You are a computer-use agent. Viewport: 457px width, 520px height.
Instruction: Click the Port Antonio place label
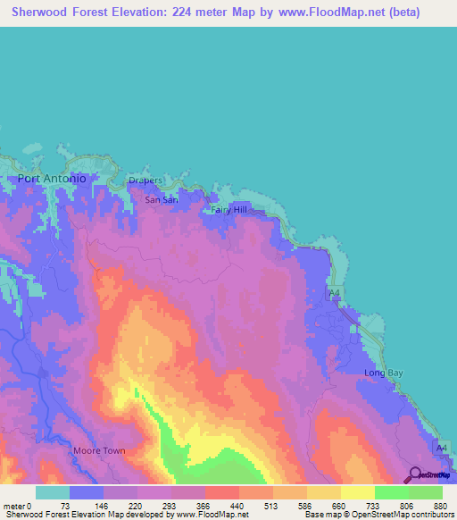pos(52,179)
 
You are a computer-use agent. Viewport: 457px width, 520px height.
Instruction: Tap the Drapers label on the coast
pos(145,180)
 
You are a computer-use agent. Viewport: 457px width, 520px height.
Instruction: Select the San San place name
pos(162,200)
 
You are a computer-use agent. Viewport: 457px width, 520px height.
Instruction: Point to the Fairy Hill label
pos(228,210)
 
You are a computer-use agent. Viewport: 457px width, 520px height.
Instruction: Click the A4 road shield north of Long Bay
pos(334,293)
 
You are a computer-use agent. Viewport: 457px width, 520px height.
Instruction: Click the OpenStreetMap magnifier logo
pos(415,475)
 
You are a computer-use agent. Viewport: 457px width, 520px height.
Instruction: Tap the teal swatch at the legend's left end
pos(53,491)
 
